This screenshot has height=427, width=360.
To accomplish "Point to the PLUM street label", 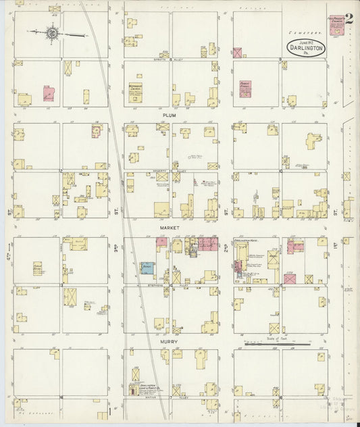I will [x=168, y=116].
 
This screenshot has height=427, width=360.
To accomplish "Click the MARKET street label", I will [x=168, y=228].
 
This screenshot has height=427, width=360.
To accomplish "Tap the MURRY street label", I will [x=168, y=343].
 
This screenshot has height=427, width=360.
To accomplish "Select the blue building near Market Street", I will [x=147, y=268].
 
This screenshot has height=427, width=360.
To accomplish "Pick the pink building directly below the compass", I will [x=49, y=93].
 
